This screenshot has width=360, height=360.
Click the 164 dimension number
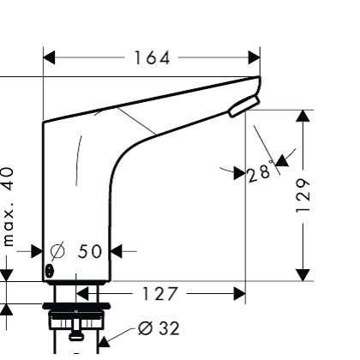(153, 58)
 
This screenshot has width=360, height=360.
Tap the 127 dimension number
(160, 294)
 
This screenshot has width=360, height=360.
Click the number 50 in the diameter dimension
(90, 251)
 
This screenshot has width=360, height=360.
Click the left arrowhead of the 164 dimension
(50, 58)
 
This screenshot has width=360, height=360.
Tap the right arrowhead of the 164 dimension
(254, 58)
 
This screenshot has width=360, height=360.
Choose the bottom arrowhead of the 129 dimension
(303, 273)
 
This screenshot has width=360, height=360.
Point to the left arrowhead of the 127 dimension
(81, 294)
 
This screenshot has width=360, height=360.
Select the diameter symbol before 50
(57, 251)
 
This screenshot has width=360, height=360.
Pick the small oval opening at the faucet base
(49, 271)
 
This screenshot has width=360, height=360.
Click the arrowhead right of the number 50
(117, 251)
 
